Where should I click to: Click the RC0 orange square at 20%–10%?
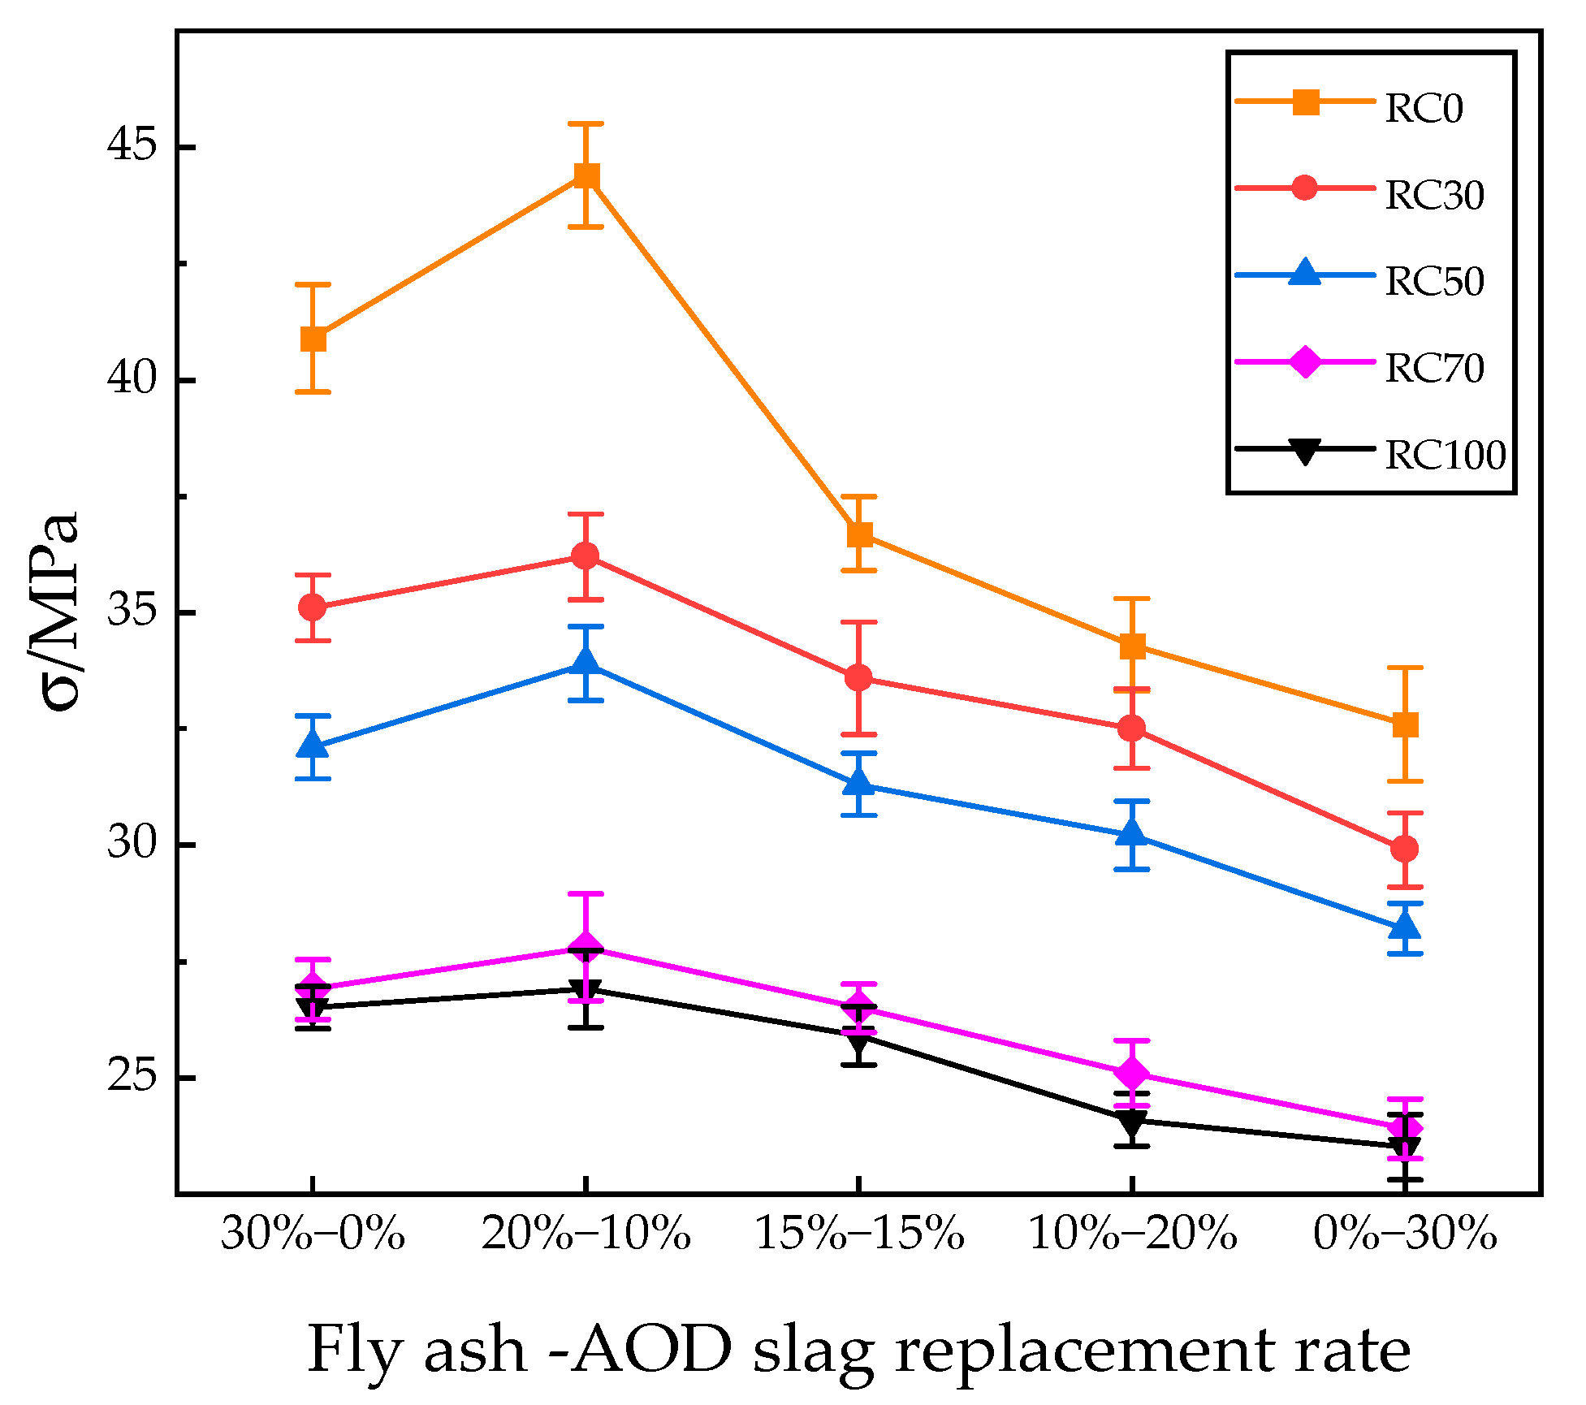[586, 175]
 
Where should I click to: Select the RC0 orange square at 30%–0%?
[313, 339]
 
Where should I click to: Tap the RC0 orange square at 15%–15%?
[859, 534]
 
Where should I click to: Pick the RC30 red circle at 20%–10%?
[586, 556]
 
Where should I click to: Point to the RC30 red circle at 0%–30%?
[1405, 849]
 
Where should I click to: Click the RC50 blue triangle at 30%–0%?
[313, 745]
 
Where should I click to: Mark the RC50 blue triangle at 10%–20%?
[1132, 834]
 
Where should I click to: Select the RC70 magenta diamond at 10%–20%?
[1132, 1074]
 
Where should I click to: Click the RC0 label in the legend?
[1424, 109]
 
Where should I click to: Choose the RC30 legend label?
[1434, 195]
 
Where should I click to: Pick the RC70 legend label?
[1434, 368]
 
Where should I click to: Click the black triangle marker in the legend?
[1305, 451]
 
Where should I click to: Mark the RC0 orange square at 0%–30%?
[1405, 724]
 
